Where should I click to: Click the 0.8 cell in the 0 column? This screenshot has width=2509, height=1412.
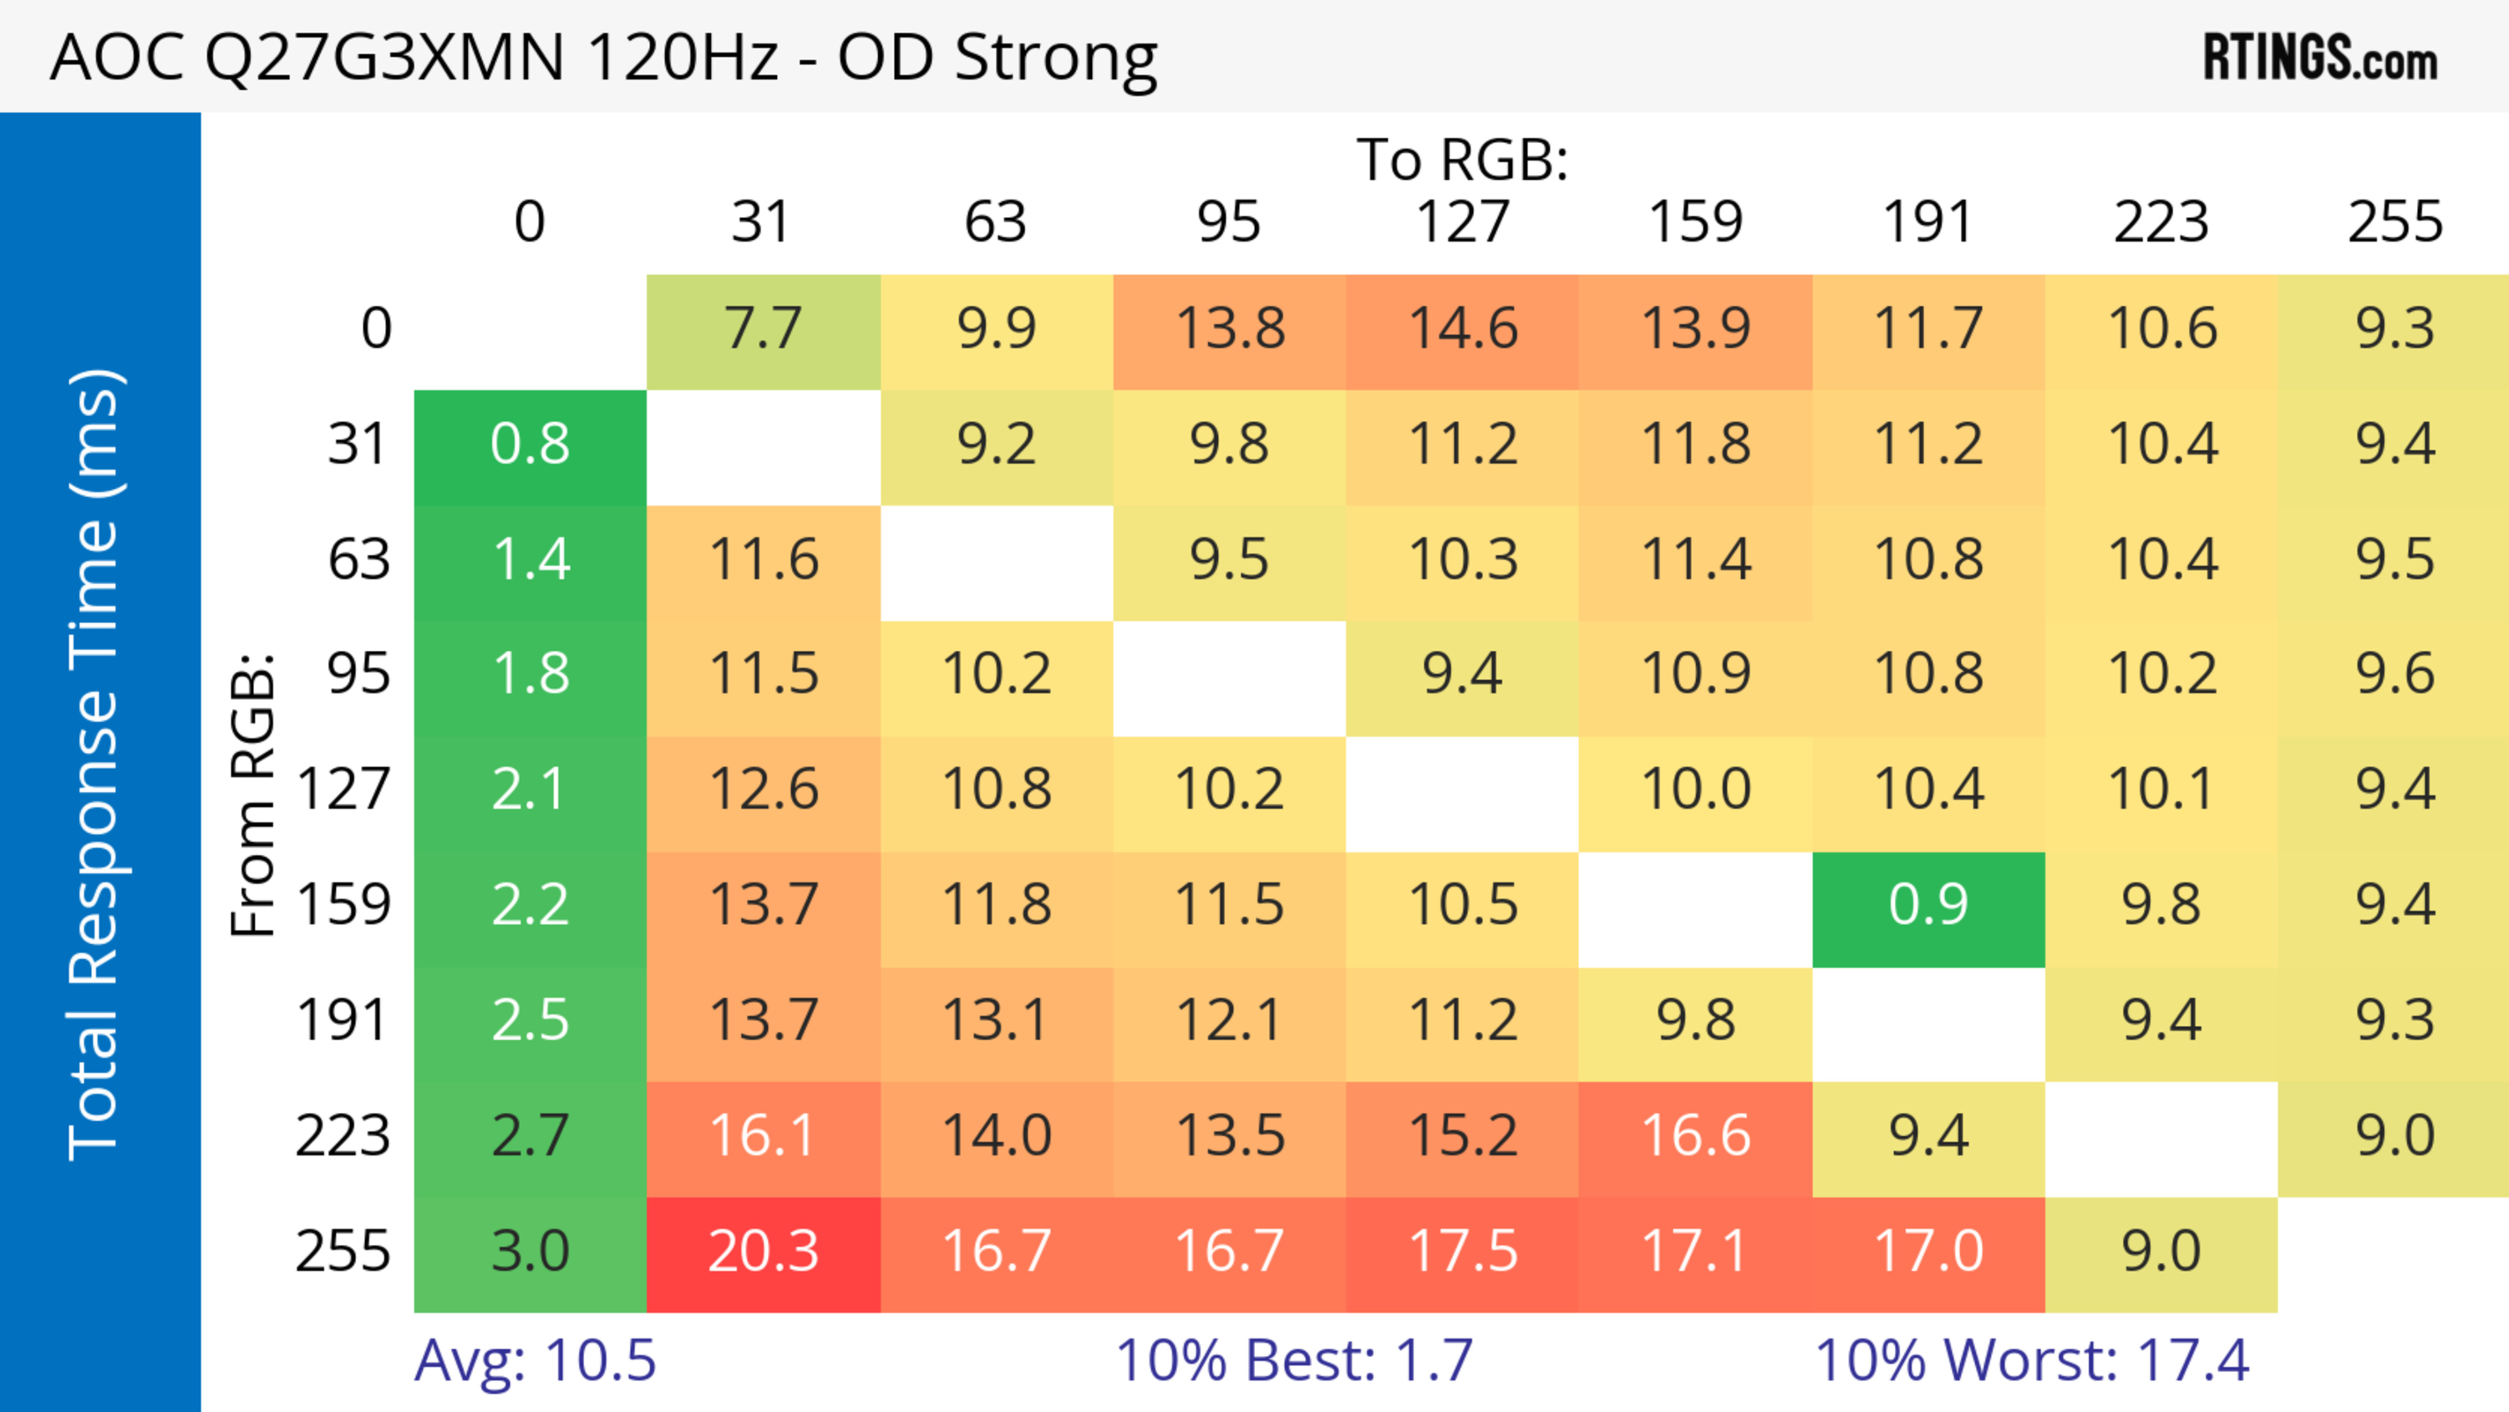(x=530, y=445)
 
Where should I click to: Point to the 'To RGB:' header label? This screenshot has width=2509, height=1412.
(x=1462, y=159)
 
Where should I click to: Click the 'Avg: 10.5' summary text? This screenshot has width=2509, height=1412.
(x=534, y=1360)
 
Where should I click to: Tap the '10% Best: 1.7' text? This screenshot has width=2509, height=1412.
(x=1294, y=1360)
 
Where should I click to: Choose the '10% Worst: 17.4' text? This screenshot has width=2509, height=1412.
(x=2032, y=1360)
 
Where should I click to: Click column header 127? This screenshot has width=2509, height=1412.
(x=1462, y=222)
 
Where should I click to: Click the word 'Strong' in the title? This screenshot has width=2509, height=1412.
(x=1056, y=58)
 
